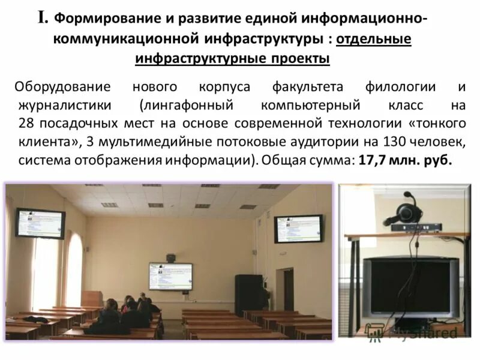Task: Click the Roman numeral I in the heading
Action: tap(43, 18)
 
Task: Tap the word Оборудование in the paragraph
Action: tap(63, 87)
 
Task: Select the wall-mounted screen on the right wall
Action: tap(298, 229)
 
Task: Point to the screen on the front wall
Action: tap(170, 276)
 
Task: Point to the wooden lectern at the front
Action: tap(92, 298)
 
